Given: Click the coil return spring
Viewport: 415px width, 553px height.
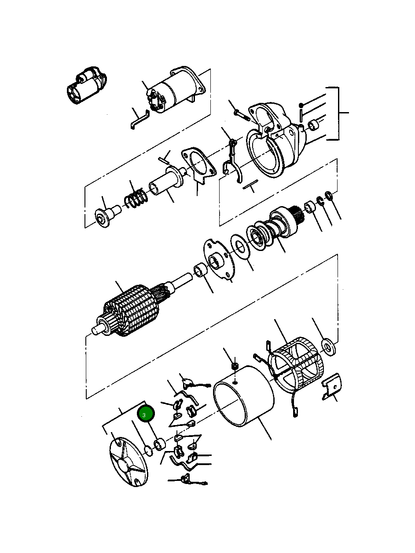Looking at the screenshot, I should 135,198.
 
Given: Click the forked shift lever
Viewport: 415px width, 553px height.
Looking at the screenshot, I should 231,163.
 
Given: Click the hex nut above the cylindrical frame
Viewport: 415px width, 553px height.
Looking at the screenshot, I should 235,366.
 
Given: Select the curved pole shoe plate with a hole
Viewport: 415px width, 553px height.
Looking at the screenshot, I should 331,386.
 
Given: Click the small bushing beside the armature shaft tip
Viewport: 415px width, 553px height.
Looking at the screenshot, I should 201,269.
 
